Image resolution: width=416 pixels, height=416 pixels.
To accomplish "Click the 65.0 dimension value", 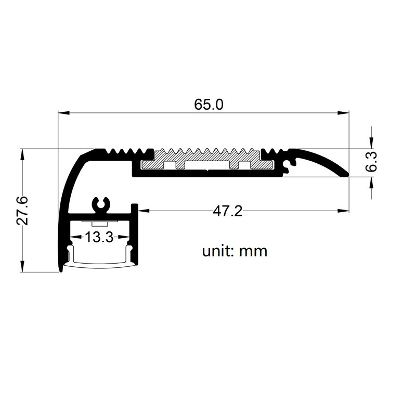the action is click(209, 105).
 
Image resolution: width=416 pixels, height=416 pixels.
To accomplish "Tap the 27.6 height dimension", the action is click(22, 211).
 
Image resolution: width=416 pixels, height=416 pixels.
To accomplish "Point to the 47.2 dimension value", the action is click(228, 212).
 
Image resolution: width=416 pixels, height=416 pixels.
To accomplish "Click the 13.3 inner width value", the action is click(99, 237).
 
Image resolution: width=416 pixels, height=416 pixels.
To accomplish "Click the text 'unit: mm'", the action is click(235, 251).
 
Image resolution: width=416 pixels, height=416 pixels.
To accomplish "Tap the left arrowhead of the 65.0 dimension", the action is click(63, 113).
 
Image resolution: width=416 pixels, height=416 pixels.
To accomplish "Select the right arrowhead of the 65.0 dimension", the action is click(343, 113).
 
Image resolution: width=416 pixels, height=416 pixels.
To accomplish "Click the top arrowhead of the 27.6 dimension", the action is click(22, 154).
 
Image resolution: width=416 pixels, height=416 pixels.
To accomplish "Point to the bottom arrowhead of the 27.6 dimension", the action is click(22, 266).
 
